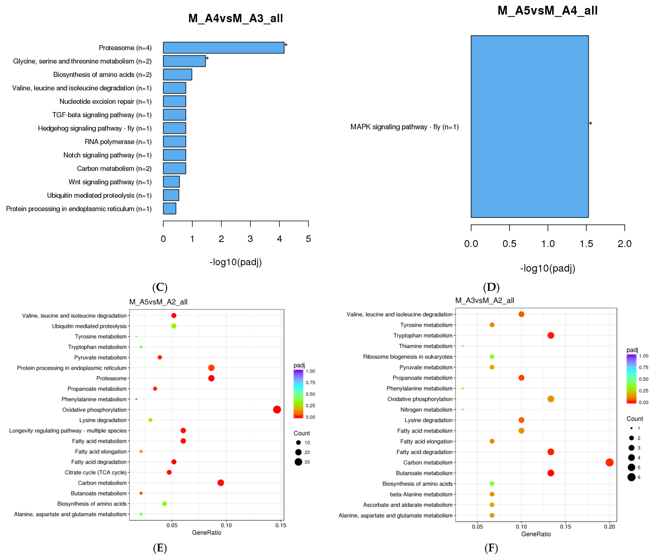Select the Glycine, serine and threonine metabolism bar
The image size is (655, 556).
tap(184, 61)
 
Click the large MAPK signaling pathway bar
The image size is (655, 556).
tap(530, 126)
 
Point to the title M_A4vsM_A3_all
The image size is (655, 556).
tap(236, 18)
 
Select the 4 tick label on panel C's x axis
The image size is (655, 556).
tap(279, 239)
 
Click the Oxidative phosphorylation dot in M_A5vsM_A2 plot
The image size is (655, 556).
tap(277, 409)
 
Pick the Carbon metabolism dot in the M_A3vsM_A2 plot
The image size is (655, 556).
tap(609, 462)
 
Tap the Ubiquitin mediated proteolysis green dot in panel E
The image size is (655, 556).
tap(174, 326)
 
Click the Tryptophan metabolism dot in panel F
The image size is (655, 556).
tap(551, 335)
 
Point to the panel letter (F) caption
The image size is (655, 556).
tap(491, 548)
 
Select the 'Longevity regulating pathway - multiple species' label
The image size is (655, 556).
tap(68, 431)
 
